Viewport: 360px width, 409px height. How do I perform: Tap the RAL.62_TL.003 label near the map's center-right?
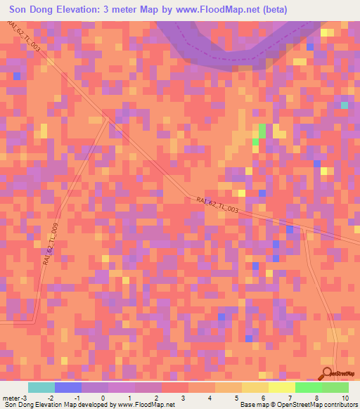(217, 206)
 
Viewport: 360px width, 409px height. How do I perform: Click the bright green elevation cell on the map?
(262, 131)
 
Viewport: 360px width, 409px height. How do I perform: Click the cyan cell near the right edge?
(344, 105)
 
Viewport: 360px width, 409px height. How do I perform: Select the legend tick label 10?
(344, 398)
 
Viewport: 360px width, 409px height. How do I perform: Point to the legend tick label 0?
(103, 398)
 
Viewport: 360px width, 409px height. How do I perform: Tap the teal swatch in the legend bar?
(41, 387)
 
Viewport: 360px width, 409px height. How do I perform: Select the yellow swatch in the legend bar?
(281, 387)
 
